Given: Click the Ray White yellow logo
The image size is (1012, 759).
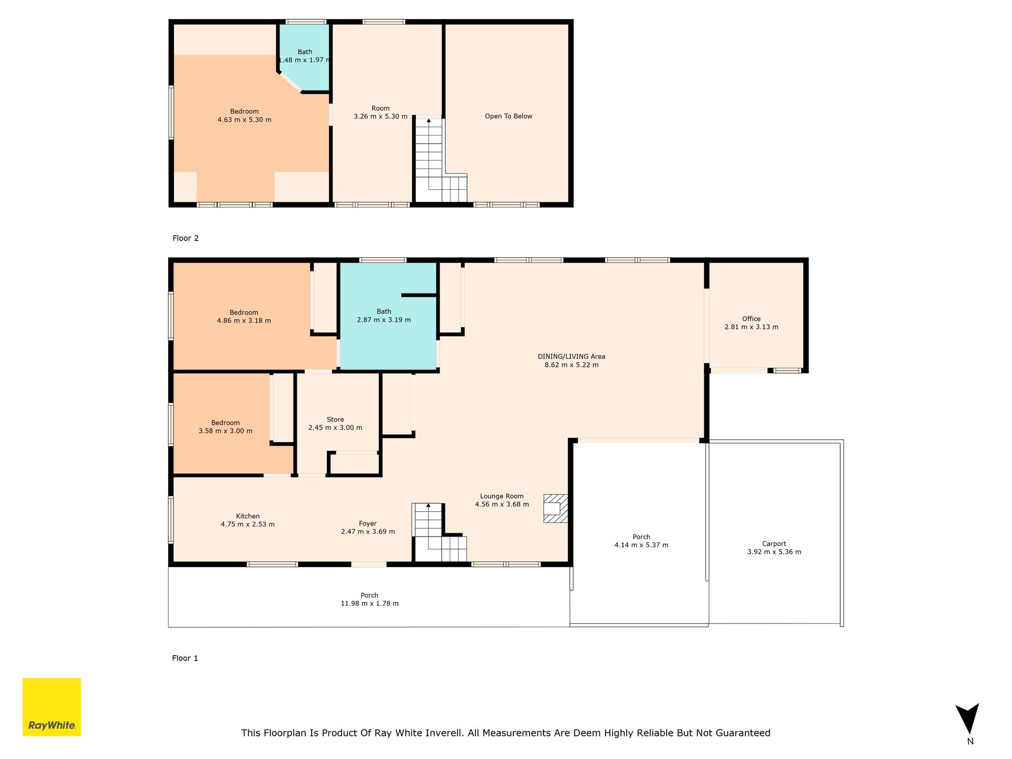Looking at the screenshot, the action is point(52,707).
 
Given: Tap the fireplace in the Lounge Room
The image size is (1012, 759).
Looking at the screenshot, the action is point(556,508).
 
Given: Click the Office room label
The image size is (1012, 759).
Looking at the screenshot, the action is point(751,319).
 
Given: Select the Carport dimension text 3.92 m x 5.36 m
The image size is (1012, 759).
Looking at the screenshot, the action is point(774,552).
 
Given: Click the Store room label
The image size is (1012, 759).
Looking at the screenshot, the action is point(335,420).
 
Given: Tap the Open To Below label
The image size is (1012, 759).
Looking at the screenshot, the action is point(509,116).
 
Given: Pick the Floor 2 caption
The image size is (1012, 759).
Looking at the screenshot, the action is point(186,238).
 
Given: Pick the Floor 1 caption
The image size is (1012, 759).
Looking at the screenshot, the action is point(185,658).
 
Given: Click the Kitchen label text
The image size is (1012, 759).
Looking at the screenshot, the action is point(248,516).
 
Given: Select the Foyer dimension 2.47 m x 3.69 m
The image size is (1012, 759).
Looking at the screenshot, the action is point(368,532).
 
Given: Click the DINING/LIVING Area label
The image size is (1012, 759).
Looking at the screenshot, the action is point(571,357).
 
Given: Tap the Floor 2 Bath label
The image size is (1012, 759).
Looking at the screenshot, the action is point(305,52).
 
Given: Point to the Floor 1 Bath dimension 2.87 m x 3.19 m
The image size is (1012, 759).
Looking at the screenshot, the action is point(384,320).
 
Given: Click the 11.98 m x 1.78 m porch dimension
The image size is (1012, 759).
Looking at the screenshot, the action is point(369,604).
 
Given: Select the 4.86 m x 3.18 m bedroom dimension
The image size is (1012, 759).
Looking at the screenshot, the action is point(244,320).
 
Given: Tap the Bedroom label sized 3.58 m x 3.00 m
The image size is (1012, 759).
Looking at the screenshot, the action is point(226,423).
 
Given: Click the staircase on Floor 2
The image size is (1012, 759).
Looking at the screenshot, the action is point(441,160).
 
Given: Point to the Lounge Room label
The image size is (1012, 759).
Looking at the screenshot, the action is point(502,496).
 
